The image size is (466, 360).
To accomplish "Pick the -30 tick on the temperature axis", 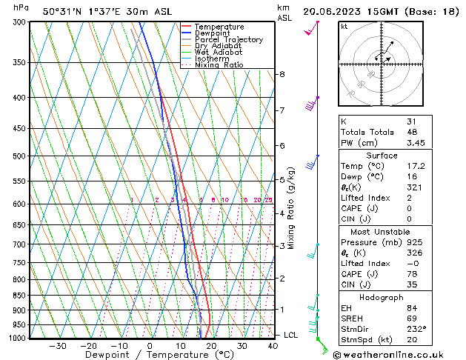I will click(58, 346).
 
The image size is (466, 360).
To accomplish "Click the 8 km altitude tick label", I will click(282, 74).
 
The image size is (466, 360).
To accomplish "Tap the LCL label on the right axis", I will click(291, 335).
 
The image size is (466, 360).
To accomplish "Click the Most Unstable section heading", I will click(382, 232).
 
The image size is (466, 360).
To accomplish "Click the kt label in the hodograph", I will click(344, 27).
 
